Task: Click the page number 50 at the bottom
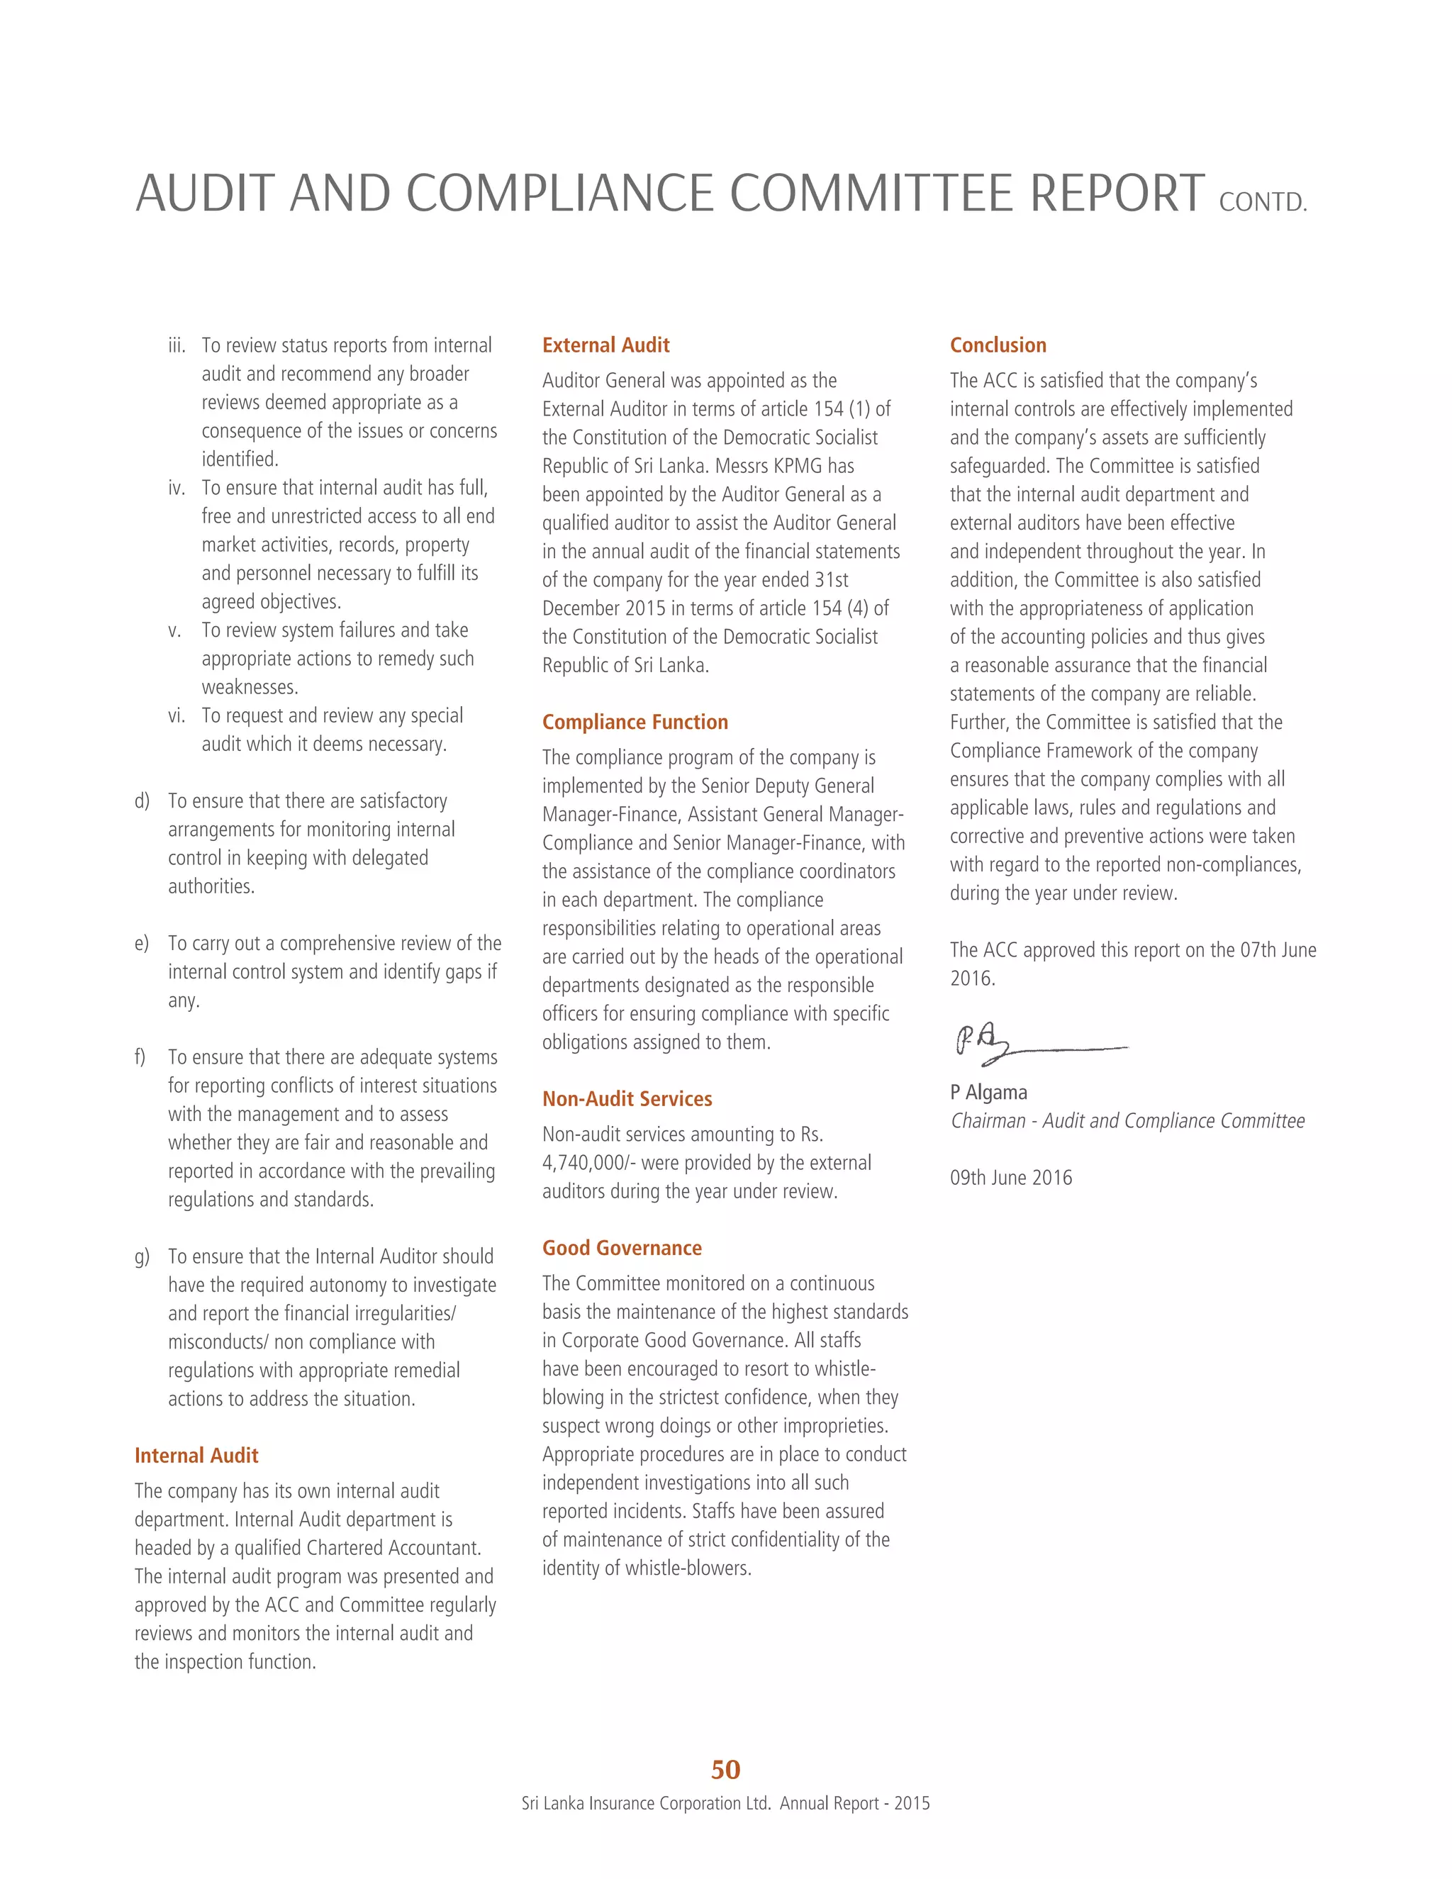point(725,1769)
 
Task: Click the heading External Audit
point(605,345)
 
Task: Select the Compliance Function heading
point(635,722)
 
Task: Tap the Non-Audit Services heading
point(627,1098)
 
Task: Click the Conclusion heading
point(998,345)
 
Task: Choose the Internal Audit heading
point(196,1455)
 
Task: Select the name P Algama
point(988,1092)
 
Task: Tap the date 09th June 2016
point(1011,1177)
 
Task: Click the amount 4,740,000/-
point(588,1162)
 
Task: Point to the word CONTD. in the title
point(1263,202)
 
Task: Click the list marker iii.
point(177,346)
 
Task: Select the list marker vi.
point(177,716)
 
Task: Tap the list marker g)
point(142,1256)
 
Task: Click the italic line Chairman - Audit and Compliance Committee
point(1127,1120)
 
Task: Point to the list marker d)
point(142,801)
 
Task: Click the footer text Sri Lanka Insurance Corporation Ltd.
point(645,1803)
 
